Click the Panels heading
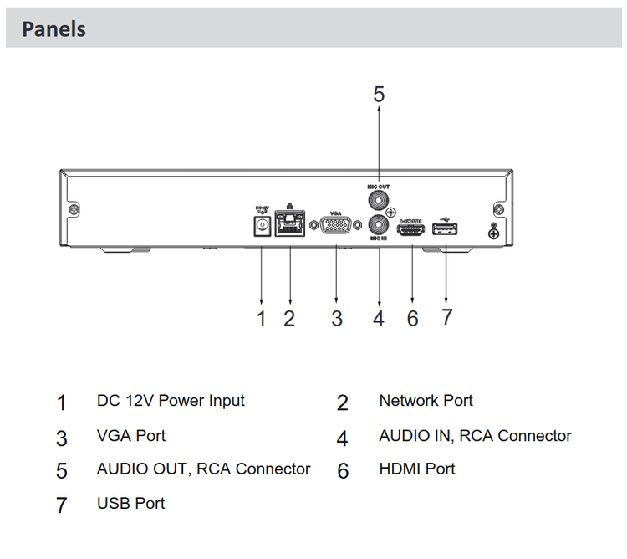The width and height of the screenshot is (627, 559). pos(54,28)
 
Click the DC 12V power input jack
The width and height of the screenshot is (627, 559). pos(262,226)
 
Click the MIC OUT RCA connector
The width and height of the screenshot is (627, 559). pos(380,200)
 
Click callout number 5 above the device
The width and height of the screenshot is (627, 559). pos(379,95)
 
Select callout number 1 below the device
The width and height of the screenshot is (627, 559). pos(262,319)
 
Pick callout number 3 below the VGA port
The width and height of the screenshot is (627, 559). pos(336,319)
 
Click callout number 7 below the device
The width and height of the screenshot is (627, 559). pos(446,317)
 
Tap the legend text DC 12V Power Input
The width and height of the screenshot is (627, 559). pos(171,401)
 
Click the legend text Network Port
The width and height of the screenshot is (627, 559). pos(426,401)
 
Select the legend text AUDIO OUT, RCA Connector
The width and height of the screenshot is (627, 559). pos(203,469)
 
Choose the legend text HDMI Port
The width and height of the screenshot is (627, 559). pos(416,469)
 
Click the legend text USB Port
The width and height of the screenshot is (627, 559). pos(131,503)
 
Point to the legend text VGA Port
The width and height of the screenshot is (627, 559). pos(131,436)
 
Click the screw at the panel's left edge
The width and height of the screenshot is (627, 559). pos(74,208)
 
